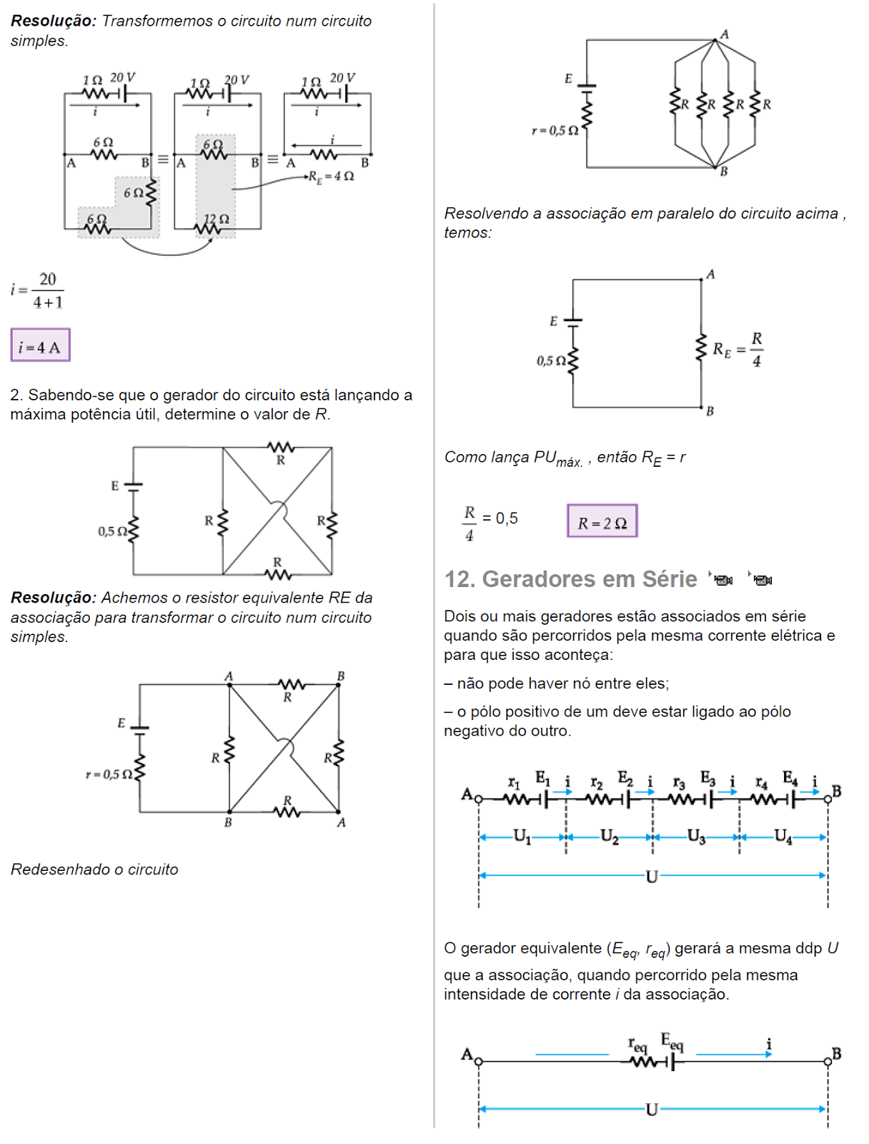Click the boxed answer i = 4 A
point(40,346)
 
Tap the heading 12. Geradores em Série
point(570,579)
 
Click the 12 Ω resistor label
point(216,219)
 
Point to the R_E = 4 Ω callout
point(331,176)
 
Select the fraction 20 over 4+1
point(47,290)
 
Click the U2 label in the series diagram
point(610,836)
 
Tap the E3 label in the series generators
point(707,777)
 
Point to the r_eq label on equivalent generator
point(637,1045)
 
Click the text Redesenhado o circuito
point(94,869)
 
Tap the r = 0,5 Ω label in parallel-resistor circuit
point(555,130)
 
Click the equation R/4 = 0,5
point(490,522)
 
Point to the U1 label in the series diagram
point(522,836)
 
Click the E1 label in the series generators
point(542,777)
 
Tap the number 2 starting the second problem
point(14,395)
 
